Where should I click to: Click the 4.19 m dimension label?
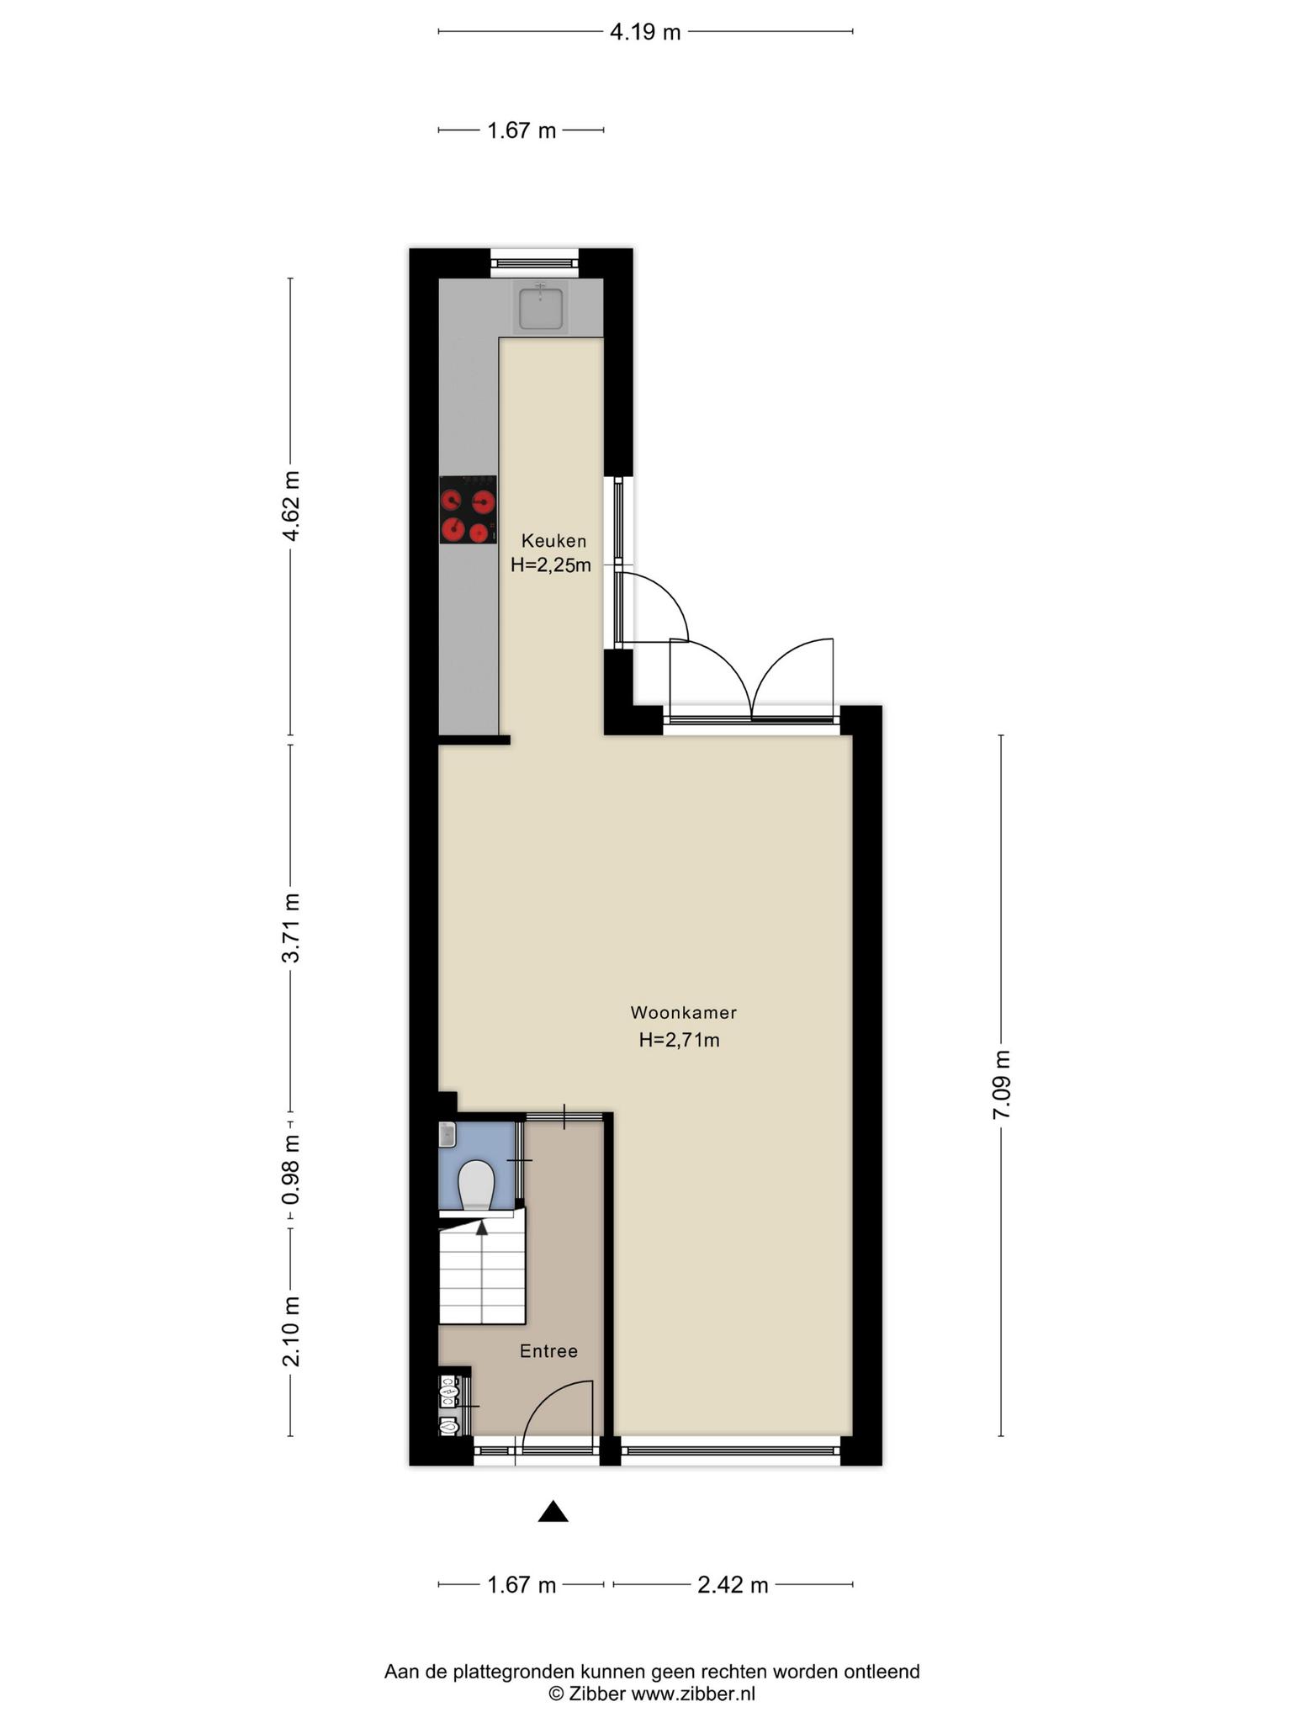[x=645, y=33]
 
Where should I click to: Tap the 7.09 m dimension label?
[x=1001, y=1084]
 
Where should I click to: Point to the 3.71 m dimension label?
[x=291, y=927]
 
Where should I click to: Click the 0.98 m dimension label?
[x=291, y=1169]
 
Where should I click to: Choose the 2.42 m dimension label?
[x=733, y=1585]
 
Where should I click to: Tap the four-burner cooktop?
[x=468, y=510]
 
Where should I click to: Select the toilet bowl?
[x=476, y=1185]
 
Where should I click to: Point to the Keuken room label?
[x=553, y=541]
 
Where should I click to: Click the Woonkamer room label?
[x=683, y=1013]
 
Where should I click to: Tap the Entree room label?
[x=548, y=1351]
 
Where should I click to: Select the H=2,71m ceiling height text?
[x=679, y=1041]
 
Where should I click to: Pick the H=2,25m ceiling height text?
[x=551, y=565]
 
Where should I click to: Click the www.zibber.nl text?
[x=693, y=1694]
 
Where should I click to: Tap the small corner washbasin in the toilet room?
[x=447, y=1135]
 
